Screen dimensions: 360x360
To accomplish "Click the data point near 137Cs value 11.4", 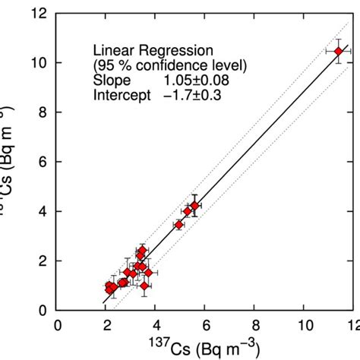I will (x=339, y=51).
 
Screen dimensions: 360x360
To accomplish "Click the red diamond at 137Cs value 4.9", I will (x=179, y=225).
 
